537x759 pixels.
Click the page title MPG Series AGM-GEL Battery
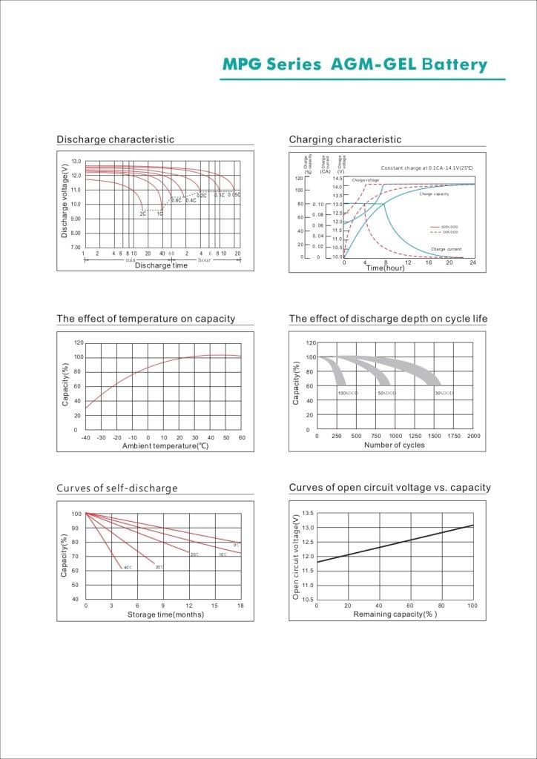355,64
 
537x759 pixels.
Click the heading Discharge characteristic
115,139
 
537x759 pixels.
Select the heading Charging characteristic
345,139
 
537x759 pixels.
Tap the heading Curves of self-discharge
117,488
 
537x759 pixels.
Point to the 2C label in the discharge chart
143,213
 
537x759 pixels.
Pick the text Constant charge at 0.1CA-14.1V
426,168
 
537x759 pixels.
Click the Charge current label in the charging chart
446,249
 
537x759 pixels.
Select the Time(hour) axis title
386,268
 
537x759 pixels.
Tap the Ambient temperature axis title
165,445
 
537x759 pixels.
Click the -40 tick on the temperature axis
85,437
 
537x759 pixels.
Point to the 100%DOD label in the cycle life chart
348,393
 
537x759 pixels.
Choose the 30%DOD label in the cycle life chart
444,393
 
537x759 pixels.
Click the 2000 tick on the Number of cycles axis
474,437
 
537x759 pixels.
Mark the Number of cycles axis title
394,445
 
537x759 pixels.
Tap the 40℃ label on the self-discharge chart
128,568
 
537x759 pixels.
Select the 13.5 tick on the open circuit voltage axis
308,513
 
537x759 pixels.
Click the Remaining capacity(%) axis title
395,614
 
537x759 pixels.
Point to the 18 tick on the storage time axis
240,606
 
